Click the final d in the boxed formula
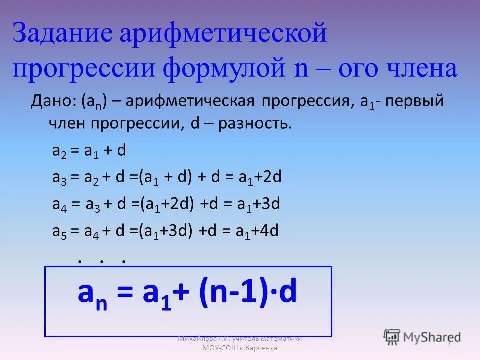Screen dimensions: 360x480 288,294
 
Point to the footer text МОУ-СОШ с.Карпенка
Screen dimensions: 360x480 239,348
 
